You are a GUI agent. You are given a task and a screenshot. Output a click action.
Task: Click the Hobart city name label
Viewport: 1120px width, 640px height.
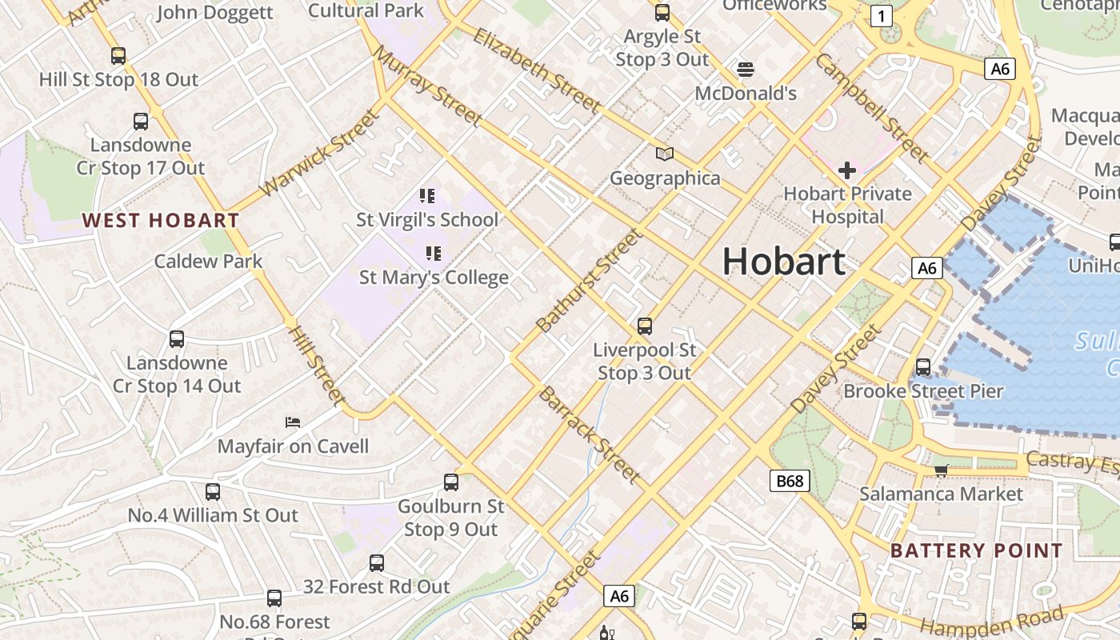tap(783, 262)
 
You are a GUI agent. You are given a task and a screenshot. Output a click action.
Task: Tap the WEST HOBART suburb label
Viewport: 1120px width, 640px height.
tap(161, 220)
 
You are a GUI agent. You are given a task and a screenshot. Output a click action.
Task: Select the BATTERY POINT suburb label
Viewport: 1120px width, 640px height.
tap(976, 550)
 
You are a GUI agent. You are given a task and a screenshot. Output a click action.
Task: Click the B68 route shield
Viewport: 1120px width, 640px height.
tap(790, 481)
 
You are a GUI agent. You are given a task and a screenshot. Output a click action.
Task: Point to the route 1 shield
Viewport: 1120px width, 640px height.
tap(881, 15)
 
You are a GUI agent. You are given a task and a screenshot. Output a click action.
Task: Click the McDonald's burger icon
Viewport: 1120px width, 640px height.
tap(746, 70)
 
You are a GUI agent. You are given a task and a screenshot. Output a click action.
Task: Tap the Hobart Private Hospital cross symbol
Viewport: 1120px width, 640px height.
tap(847, 170)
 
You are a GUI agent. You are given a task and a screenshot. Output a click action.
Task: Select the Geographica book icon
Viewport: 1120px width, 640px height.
tap(665, 154)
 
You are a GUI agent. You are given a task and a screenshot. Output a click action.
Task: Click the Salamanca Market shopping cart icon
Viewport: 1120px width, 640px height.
tap(942, 470)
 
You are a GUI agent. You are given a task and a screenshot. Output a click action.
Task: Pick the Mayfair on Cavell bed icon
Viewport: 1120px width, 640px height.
tap(293, 422)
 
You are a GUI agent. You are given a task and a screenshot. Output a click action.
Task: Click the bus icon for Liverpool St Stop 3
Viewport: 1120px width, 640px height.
tap(645, 326)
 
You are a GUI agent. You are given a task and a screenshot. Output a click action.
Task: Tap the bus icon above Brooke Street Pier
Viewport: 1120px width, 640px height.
tap(923, 367)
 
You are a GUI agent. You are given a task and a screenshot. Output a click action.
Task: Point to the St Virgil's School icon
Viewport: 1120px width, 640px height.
tap(427, 195)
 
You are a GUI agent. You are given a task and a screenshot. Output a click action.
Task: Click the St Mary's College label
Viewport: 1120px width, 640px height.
tap(434, 278)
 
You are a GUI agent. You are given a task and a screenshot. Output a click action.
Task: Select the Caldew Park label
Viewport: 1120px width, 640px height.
tap(208, 261)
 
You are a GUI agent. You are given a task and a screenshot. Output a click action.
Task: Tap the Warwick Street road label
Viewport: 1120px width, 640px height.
tap(319, 153)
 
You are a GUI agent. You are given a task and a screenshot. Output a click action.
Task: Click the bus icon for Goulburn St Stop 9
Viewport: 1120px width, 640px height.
tap(451, 482)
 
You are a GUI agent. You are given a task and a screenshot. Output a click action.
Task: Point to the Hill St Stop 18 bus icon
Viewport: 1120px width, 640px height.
tap(118, 56)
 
